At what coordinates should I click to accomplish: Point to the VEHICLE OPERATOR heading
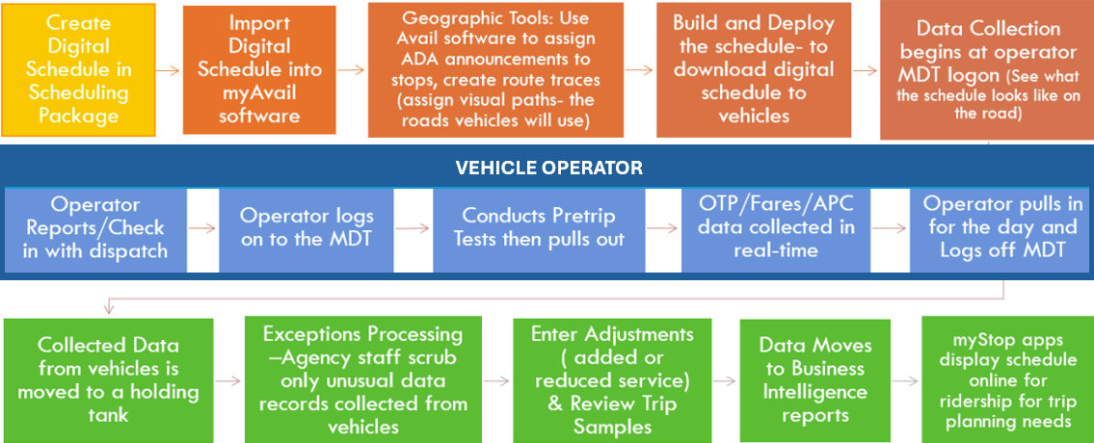pos(548,168)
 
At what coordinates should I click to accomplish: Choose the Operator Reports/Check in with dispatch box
pos(95,228)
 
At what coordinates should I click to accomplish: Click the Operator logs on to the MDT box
pos(307,228)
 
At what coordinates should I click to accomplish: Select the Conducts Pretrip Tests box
pos(538,228)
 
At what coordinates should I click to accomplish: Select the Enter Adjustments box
pos(612,379)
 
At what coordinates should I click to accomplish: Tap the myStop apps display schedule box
pos(1006,379)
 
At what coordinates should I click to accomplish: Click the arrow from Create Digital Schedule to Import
pos(169,70)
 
